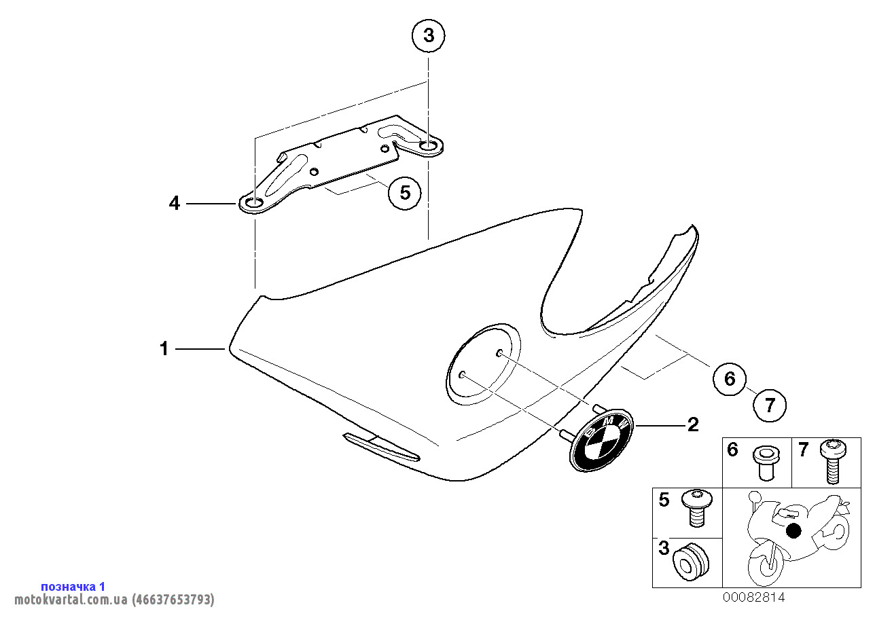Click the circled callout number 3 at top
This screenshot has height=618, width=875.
click(x=429, y=36)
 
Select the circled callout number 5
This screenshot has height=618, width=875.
click(x=405, y=193)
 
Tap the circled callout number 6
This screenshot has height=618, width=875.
click(x=730, y=379)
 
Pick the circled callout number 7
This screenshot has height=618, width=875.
click(x=770, y=405)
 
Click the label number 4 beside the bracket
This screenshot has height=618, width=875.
click(x=174, y=204)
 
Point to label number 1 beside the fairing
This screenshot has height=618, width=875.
click(x=164, y=348)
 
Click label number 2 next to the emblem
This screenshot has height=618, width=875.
click(x=693, y=424)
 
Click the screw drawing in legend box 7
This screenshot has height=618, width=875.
click(x=833, y=461)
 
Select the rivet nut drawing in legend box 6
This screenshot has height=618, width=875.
click(x=766, y=463)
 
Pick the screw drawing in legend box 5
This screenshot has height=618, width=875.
click(x=696, y=508)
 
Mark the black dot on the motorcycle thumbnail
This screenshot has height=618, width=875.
click(x=793, y=530)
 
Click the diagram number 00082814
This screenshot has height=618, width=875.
click(x=753, y=598)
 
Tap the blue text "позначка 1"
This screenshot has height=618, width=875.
click(x=73, y=587)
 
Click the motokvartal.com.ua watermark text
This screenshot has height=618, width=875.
click(x=114, y=599)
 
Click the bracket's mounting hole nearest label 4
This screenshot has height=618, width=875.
click(x=254, y=203)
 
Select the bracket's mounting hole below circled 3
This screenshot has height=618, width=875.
click(x=429, y=146)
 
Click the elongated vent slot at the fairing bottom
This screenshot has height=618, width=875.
click(x=381, y=447)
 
